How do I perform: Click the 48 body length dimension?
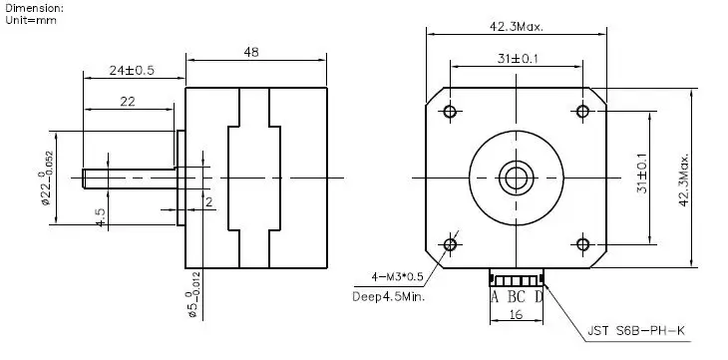point(251,52)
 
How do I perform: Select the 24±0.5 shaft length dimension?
point(132,70)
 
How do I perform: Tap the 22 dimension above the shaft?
point(128,102)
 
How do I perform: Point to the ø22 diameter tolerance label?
point(46,178)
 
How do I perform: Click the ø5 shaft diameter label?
point(194,294)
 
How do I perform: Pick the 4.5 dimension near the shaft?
point(101,217)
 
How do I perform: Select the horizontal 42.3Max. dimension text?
point(517,27)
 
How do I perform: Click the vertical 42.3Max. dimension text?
point(683,180)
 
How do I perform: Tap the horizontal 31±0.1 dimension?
point(518,59)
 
